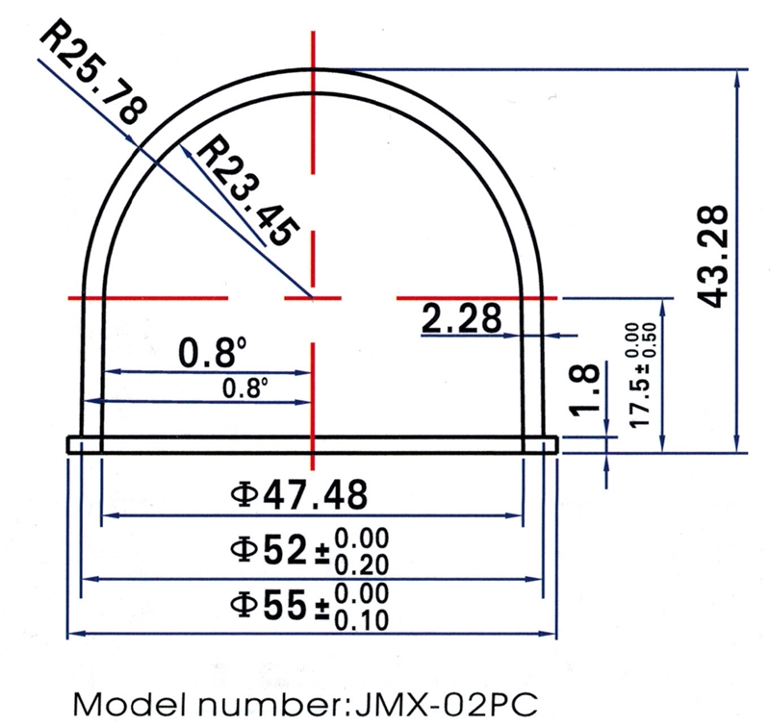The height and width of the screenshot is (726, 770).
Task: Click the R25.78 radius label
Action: tap(93, 71)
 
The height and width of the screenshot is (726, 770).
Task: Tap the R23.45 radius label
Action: tap(248, 190)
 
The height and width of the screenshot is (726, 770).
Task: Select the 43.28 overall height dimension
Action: tap(712, 256)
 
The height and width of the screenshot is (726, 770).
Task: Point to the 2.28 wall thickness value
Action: tap(462, 318)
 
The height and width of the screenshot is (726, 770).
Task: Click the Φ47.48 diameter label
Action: tap(298, 494)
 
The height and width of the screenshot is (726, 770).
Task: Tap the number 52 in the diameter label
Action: tap(285, 549)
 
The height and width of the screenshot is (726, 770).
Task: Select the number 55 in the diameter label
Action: tap(285, 604)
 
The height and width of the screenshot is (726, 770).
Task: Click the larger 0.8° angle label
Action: tap(212, 352)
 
